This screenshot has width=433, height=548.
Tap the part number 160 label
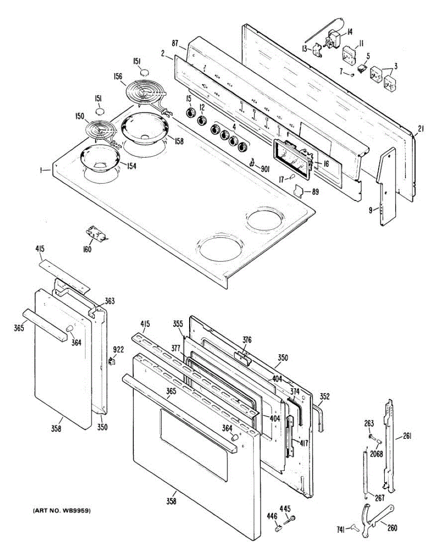click(87, 249)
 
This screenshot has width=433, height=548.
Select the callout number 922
click(118, 350)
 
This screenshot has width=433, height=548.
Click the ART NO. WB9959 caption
click(61, 510)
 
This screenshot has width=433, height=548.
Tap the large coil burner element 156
click(143, 93)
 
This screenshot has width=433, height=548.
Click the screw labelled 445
click(292, 518)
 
